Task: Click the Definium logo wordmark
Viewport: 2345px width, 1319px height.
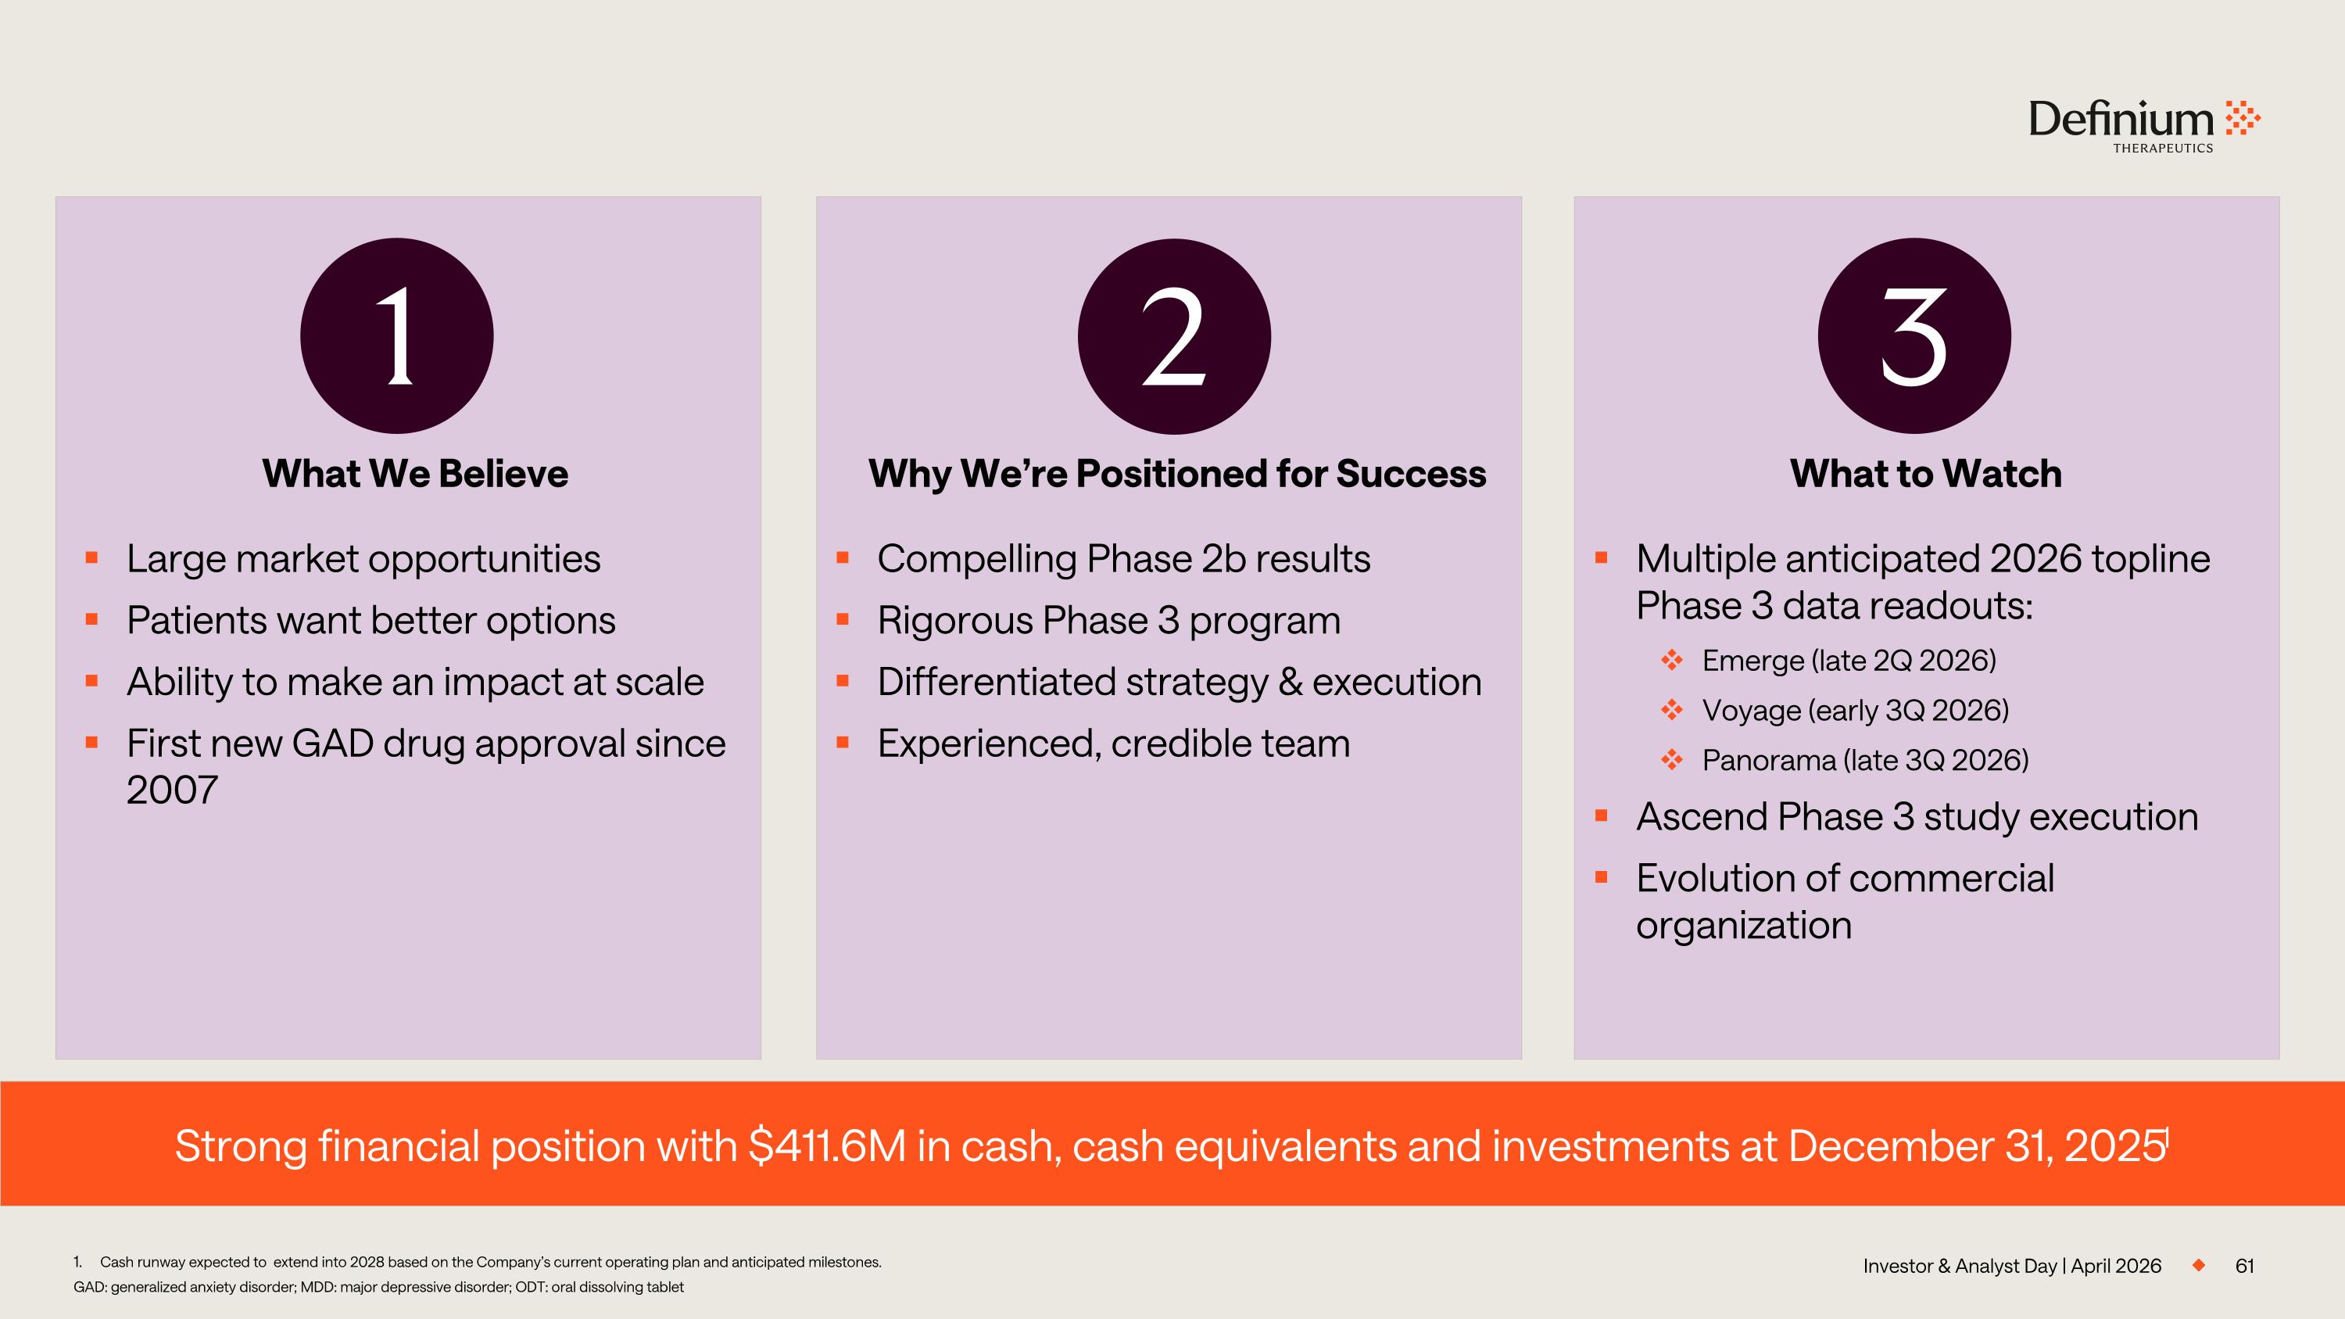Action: coord(2121,120)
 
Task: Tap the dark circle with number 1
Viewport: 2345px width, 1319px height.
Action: coord(397,336)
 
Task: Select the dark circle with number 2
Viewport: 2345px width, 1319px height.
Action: coord(1174,336)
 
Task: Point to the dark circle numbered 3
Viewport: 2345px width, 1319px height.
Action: coord(1914,336)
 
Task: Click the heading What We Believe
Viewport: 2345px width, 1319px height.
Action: coord(415,473)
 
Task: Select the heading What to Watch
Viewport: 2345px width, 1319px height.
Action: coord(1925,473)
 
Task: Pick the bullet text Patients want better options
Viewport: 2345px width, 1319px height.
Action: coord(371,621)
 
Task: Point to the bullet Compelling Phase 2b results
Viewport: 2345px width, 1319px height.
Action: coord(1123,559)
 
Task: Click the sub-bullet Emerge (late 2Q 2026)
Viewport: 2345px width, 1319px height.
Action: coord(1849,661)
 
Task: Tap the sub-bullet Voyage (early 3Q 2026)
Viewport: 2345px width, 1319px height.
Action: coord(1855,710)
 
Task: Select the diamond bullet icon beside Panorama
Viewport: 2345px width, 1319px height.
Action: coord(1671,759)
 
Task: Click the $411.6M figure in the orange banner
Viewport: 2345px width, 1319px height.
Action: coord(828,1146)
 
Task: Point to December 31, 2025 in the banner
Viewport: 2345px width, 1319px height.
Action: coord(1976,1146)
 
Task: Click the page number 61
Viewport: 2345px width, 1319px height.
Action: coord(2245,1266)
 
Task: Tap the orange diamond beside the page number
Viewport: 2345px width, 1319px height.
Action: coord(2198,1265)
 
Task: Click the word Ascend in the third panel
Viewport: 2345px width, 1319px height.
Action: coord(1699,816)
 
